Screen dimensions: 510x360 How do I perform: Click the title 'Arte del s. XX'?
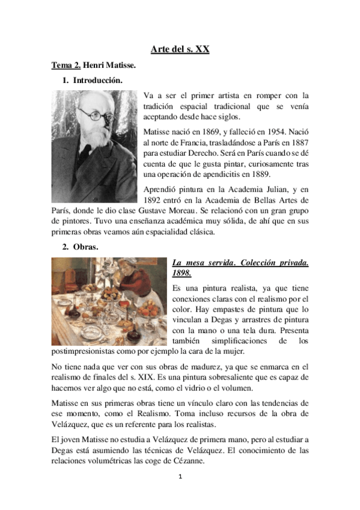pos(180,49)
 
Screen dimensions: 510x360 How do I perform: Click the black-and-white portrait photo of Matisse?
pos(94,146)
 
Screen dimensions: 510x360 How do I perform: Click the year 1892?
pos(154,200)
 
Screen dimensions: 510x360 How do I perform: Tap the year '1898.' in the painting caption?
pos(182,274)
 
